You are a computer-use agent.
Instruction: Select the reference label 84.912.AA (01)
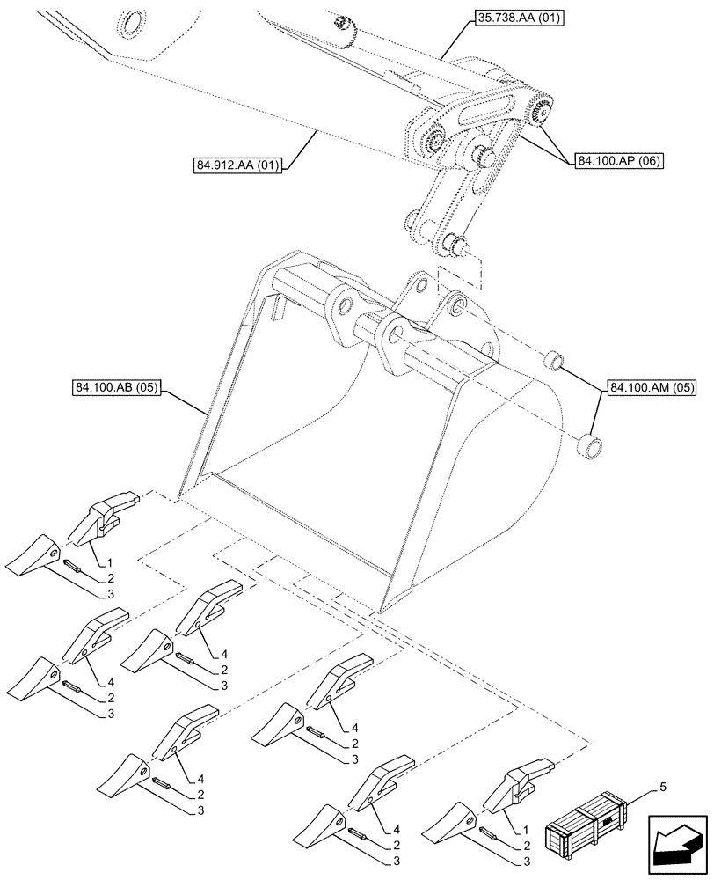237,164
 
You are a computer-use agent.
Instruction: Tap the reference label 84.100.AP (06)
619,160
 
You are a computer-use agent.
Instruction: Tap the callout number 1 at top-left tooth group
111,561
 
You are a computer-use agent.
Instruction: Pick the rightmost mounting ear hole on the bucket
458,304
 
